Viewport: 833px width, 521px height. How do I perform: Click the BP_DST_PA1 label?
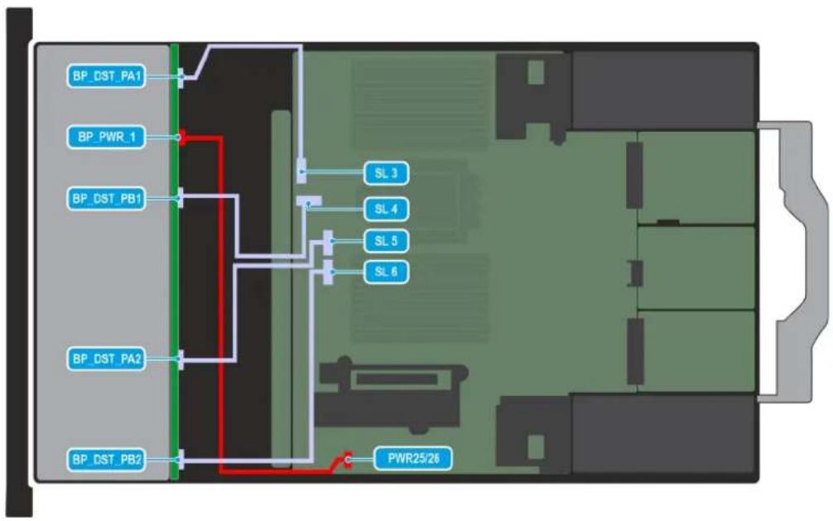click(x=106, y=76)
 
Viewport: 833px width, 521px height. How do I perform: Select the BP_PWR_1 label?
click(x=106, y=137)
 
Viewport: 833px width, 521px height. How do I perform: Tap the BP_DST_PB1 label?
click(x=106, y=198)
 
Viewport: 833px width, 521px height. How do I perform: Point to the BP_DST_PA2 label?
click(x=106, y=359)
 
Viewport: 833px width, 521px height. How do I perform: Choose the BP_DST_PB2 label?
click(x=106, y=460)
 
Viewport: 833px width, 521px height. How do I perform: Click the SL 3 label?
click(x=386, y=173)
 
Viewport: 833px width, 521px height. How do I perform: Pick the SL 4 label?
click(x=386, y=209)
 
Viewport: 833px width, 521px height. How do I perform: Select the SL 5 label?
click(x=386, y=241)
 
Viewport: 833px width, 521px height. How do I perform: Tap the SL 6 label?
click(x=386, y=272)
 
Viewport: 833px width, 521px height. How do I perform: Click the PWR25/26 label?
click(x=413, y=458)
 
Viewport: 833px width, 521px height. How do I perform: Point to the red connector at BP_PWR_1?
click(x=181, y=137)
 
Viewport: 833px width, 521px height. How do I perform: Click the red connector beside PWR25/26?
click(x=348, y=460)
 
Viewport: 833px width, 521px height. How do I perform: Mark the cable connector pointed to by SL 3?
click(x=301, y=171)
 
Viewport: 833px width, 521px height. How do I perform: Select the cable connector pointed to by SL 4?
click(x=309, y=201)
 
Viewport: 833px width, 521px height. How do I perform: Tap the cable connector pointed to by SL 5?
click(x=328, y=243)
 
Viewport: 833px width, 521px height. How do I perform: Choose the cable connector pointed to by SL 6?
click(x=328, y=273)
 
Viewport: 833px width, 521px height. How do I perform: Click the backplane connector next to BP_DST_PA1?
click(x=181, y=78)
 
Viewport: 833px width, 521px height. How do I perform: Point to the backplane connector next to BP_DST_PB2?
click(x=181, y=460)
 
